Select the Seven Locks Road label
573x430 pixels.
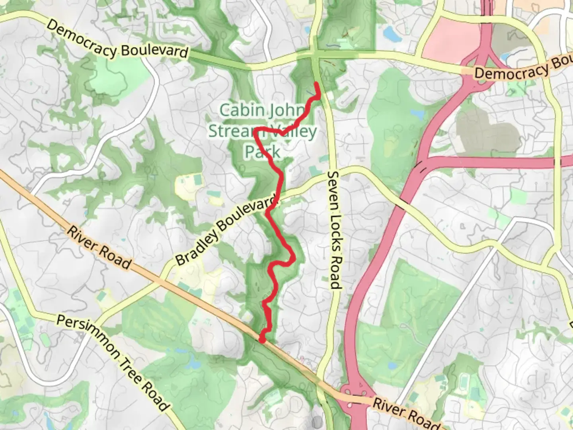[x=335, y=230]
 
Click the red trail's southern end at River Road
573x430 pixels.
[x=261, y=340]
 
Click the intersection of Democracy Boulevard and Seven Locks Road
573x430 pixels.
[x=316, y=55]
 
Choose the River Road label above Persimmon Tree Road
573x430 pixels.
[x=98, y=247]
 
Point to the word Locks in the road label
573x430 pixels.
[x=335, y=231]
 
